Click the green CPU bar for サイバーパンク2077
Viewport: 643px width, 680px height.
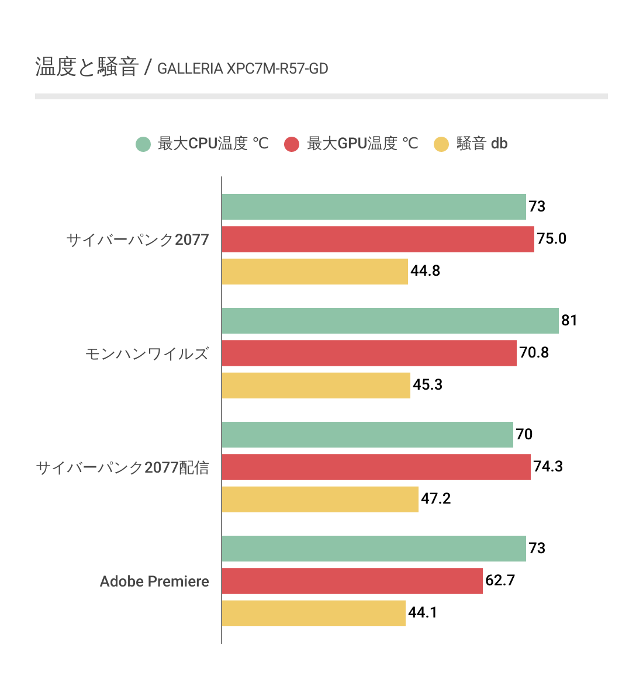[x=374, y=207]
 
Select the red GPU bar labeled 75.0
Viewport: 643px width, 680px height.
[x=378, y=239]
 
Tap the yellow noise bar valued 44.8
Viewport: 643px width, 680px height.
[x=314, y=271]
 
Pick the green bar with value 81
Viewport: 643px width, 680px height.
[x=390, y=321]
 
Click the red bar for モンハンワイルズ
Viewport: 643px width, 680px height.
[x=369, y=353]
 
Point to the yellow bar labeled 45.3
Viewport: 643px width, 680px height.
[x=316, y=385]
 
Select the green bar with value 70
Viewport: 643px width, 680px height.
[x=367, y=435]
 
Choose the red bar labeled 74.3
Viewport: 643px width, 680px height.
[x=376, y=467]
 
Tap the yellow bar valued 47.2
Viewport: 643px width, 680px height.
[x=320, y=499]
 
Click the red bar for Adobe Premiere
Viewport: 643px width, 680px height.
[x=352, y=581]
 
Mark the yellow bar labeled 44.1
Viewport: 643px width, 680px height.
[x=313, y=613]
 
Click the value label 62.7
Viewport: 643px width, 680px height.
[x=500, y=581]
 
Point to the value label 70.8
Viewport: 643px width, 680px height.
[x=534, y=353]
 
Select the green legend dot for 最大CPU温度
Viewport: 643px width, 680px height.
[x=143, y=144]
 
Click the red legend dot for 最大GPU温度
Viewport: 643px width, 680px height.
[x=292, y=144]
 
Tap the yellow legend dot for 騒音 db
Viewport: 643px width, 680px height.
[x=441, y=144]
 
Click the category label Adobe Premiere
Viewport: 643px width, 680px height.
[x=154, y=581]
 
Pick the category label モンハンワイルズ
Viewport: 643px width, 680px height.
[x=147, y=353]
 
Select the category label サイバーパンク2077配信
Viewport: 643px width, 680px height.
[x=122, y=467]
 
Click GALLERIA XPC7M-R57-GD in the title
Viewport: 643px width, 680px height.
[x=243, y=69]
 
